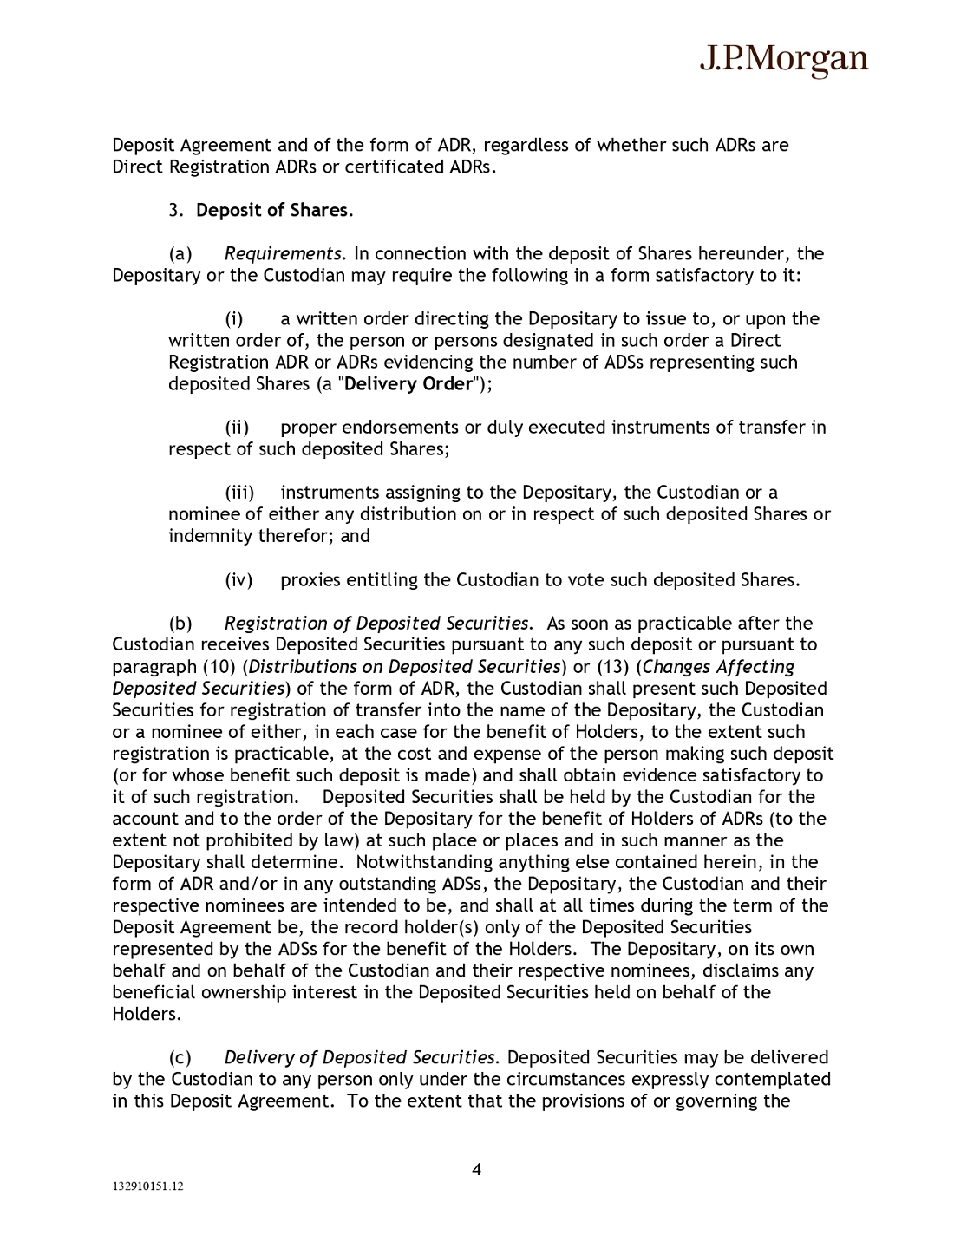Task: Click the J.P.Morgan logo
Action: click(x=783, y=59)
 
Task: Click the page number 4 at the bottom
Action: click(x=476, y=1169)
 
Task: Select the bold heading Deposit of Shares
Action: click(x=274, y=211)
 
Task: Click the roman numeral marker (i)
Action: click(x=234, y=319)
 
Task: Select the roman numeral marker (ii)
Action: click(x=237, y=428)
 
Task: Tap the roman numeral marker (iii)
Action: click(x=239, y=493)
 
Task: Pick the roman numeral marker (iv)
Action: click(x=238, y=580)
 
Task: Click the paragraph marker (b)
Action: click(x=180, y=624)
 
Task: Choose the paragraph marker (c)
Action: click(x=180, y=1057)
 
